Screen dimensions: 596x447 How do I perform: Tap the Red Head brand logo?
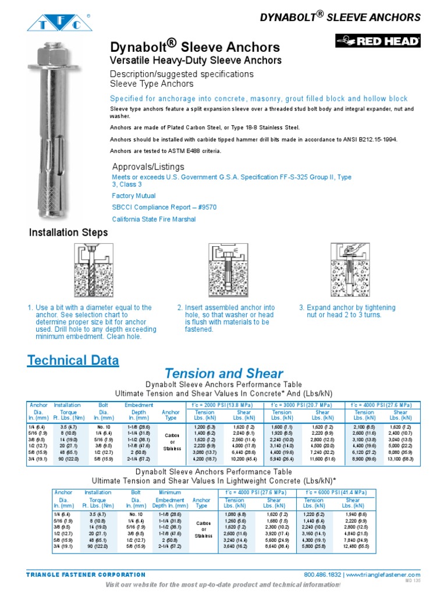[x=377, y=41]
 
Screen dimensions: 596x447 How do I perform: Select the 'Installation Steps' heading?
[x=69, y=233]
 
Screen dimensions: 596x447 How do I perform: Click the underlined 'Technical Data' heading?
[x=73, y=360]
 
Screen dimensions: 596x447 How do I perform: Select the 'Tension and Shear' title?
[x=223, y=374]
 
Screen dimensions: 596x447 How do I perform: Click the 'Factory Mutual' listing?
[x=134, y=196]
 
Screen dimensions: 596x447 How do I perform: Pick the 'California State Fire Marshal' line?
[x=154, y=219]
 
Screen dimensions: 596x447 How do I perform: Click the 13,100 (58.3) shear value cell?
[x=400, y=459]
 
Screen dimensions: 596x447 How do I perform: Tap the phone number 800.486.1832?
[x=323, y=575]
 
